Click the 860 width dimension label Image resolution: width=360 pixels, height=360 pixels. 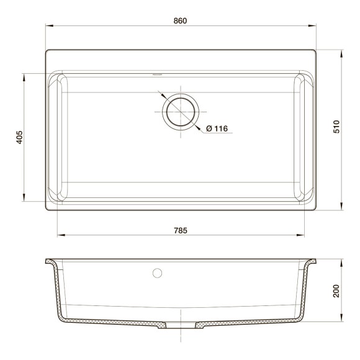click(180, 20)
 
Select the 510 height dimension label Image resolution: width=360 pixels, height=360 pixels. click(336, 128)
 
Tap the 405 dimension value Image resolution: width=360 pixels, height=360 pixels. click(19, 137)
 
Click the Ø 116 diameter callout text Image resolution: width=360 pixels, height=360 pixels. click(217, 128)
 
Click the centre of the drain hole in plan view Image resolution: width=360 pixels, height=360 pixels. click(180, 112)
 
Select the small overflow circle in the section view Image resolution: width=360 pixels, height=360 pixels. click(158, 272)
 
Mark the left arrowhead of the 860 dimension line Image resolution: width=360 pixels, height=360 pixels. click(48, 26)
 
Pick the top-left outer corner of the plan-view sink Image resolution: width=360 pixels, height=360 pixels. click(47, 50)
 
